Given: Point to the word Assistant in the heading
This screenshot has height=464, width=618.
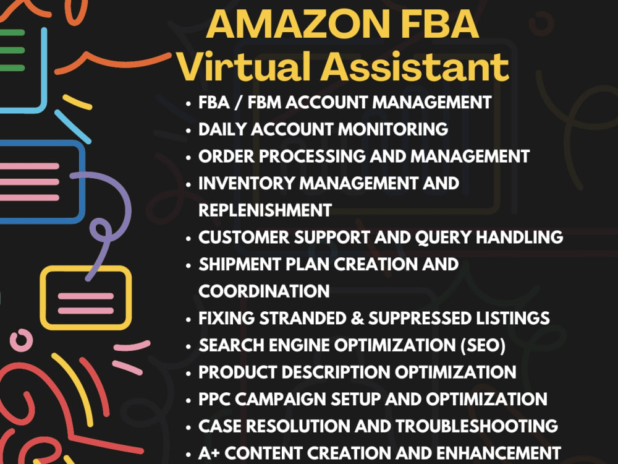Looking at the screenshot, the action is click(x=415, y=66).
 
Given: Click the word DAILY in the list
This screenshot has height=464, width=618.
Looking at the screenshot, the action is click(x=222, y=129).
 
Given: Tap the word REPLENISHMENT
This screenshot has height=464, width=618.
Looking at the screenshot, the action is click(x=265, y=210).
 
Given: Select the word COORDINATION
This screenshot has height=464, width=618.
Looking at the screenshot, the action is click(x=264, y=291).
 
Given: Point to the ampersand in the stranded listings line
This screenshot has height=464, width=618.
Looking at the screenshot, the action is click(x=357, y=319).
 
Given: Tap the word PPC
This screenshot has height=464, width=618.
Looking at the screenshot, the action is click(x=214, y=399).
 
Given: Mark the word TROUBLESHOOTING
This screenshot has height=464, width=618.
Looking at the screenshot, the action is click(x=477, y=426).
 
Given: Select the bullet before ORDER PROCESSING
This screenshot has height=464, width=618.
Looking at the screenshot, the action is click(x=188, y=157).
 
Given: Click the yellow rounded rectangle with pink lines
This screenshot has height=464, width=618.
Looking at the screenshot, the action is click(x=86, y=298).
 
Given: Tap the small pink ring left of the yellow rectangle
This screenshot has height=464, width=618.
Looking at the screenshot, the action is click(x=21, y=340).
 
